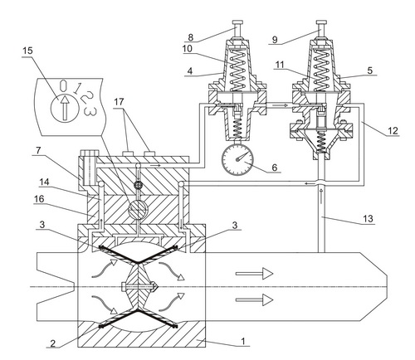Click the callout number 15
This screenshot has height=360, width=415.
tap(27, 51)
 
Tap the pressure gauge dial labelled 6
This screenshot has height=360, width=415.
tap(237, 159)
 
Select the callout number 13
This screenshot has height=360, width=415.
tap(369, 219)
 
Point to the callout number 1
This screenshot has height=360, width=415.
tap(243, 341)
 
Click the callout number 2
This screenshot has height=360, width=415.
tap(52, 343)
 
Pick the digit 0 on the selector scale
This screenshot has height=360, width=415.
tap(63, 85)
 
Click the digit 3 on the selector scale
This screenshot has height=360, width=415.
tap(90, 111)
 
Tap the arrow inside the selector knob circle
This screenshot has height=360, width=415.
tap(65, 107)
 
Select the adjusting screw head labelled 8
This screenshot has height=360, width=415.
tap(237, 22)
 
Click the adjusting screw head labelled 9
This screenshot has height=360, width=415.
tap(321, 22)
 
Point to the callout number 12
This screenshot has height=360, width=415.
tap(393, 130)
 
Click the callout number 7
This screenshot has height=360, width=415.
tap(38, 150)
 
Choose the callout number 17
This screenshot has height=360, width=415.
tap(119, 102)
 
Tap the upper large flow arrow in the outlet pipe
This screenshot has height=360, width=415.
tap(254, 274)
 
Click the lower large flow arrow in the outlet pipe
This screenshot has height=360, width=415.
tap(254, 299)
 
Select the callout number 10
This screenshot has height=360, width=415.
tap(188, 49)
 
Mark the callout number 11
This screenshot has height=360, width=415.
tap(280, 65)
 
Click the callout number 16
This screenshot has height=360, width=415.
tap(39, 199)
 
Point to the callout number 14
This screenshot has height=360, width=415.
tap(44, 182)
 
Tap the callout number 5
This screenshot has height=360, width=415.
tap(370, 71)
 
